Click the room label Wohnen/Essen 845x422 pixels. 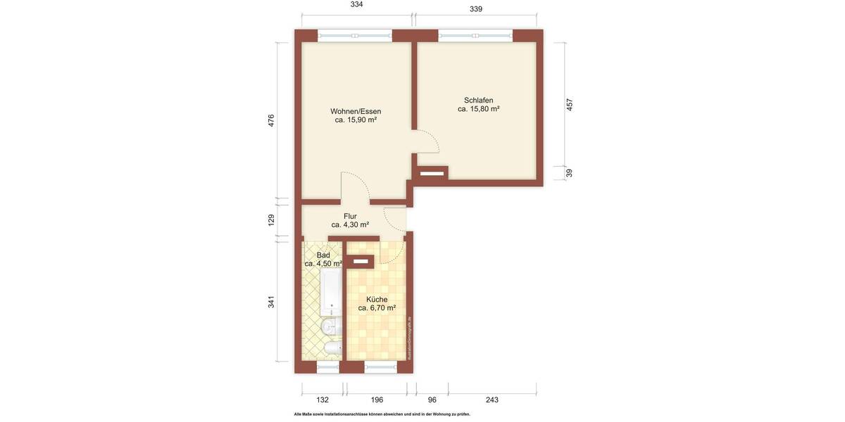coord(356,111)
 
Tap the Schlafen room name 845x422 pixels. coord(478,100)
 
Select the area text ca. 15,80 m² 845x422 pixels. coord(478,109)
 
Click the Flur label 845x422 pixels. coord(350,216)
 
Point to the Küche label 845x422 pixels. coord(377,299)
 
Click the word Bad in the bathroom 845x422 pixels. coord(323,255)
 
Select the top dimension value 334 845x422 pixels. coord(357,5)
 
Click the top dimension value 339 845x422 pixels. coord(476,9)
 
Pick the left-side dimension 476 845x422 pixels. coord(271,120)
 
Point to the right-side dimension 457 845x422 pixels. coord(570,104)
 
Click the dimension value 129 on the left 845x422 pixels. coord(271,220)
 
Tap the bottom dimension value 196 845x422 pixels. coord(377,399)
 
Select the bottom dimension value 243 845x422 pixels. coord(492,399)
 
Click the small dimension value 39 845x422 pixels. coord(570,173)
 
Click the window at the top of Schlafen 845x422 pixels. coord(475,34)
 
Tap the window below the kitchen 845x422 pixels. coord(380,367)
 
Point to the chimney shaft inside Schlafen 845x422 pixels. coord(431,172)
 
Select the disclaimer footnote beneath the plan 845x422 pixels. coord(382,414)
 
